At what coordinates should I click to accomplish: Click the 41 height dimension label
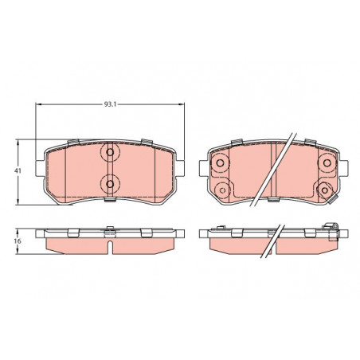click(x=18, y=170)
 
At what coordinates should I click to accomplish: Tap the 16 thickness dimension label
click(x=18, y=241)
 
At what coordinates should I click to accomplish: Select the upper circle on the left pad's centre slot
click(x=110, y=152)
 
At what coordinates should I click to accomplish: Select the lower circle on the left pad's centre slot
click(x=110, y=184)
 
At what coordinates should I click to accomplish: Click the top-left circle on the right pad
click(x=220, y=162)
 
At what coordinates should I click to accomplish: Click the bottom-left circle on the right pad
click(x=222, y=190)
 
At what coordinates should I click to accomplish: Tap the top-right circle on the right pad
click(x=327, y=162)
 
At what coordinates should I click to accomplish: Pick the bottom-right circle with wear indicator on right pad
click(x=324, y=190)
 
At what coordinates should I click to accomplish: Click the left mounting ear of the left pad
click(x=40, y=168)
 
